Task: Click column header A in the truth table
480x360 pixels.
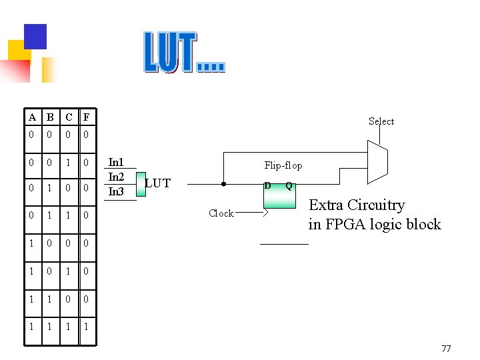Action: (32, 118)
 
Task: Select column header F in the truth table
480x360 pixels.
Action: (86, 118)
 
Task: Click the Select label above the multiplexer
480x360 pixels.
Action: (381, 121)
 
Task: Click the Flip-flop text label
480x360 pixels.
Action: (283, 165)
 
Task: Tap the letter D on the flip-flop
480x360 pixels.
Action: (267, 185)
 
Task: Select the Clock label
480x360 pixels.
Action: (221, 213)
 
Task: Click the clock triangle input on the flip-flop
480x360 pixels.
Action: (267, 213)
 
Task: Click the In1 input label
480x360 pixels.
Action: (116, 162)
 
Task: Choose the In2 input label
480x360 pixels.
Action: (116, 177)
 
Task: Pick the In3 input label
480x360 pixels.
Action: (116, 191)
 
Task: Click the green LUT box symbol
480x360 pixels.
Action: (140, 183)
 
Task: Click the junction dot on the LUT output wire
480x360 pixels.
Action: (223, 184)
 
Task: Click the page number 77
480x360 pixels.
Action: (446, 349)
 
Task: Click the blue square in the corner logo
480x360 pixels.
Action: (35, 36)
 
